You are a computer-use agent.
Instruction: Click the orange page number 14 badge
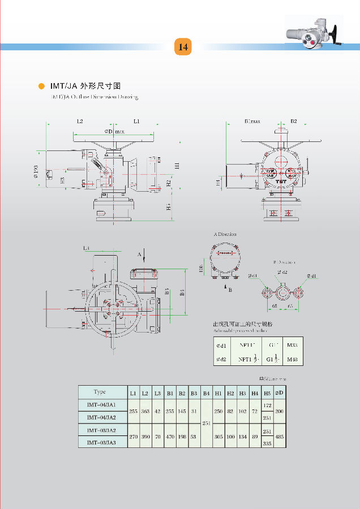coord(183,47)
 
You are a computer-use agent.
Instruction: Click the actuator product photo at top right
coord(314,33)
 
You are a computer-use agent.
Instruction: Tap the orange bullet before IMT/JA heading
coord(41,86)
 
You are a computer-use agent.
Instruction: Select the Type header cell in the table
coord(100,392)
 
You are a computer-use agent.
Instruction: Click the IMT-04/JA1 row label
coord(102,405)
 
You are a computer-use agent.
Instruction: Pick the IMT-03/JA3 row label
coord(102,443)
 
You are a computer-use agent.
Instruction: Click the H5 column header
coord(267,392)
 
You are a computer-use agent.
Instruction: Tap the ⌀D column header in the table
coord(280,392)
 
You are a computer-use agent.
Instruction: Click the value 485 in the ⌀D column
coord(280,437)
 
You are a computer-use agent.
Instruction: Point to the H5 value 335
coord(267,443)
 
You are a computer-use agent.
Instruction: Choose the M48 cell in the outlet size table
coord(292,359)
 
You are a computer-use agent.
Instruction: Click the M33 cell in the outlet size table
coord(292,344)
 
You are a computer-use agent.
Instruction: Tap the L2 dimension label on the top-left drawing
coord(80,121)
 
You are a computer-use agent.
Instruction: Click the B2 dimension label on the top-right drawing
coord(294,121)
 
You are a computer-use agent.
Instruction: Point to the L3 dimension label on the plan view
coord(86,248)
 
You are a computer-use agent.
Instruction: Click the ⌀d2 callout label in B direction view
coord(283,273)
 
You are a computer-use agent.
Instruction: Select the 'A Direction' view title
coord(225,234)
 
